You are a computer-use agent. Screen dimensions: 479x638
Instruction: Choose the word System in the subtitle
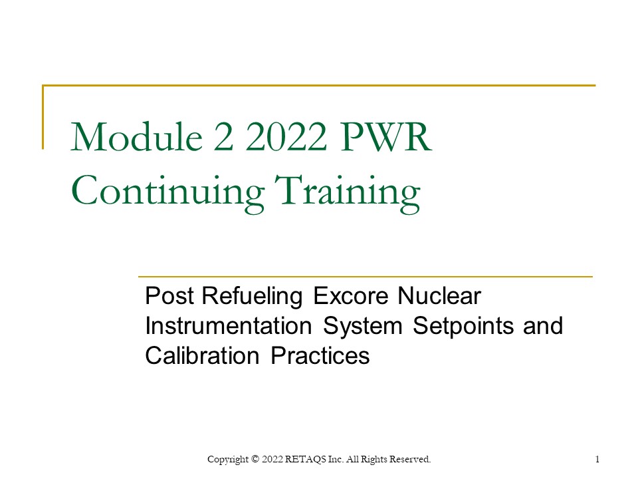point(365,326)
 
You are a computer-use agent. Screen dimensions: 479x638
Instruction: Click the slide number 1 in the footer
point(598,459)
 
